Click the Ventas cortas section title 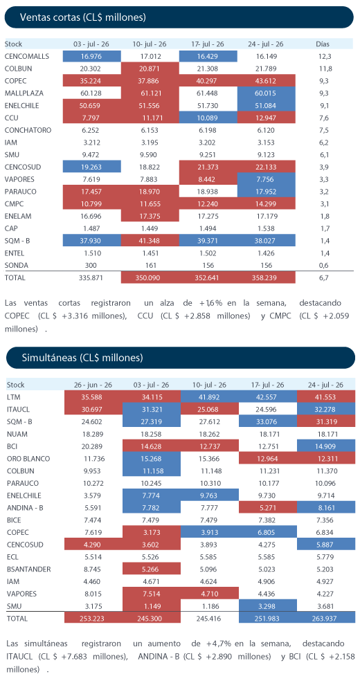83,17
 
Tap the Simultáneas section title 82,358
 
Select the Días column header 323,44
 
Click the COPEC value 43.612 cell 266,80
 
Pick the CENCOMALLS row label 26,56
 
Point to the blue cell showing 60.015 266,93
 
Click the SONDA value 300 91,265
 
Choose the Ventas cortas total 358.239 266,277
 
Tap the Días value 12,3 323,56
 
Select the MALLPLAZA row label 24,93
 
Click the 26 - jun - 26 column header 93,385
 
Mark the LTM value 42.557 268,397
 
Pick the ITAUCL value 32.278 326,410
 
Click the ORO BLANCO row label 29,459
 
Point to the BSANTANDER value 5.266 151,569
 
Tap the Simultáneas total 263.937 326,618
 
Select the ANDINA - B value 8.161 326,507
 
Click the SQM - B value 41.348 150,241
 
